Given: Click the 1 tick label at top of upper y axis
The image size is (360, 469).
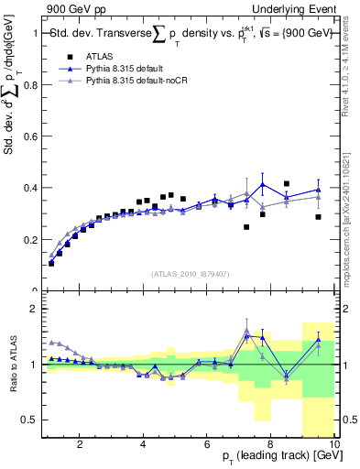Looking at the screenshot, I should point(35,34).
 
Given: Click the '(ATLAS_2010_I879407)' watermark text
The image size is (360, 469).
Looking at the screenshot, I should point(190,272).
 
